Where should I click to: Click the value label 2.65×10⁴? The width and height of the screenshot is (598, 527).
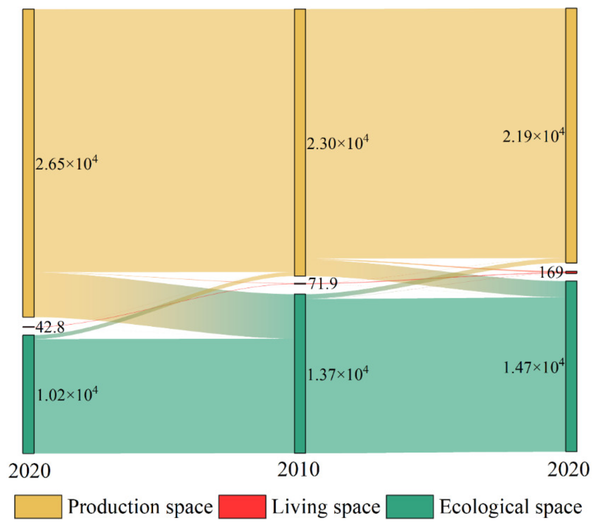tap(66, 164)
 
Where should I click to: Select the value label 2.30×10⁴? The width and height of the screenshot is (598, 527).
tap(338, 143)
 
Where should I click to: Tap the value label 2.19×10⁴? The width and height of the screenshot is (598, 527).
tap(533, 136)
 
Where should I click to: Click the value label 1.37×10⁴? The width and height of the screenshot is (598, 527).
tap(338, 374)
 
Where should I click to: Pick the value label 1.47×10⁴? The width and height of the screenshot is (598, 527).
tap(533, 367)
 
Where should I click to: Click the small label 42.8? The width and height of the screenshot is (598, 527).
tap(50, 327)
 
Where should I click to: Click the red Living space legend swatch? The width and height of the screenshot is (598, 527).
tap(242, 507)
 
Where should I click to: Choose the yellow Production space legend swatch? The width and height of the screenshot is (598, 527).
tap(38, 507)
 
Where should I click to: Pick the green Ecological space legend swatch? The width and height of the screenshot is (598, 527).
tap(410, 507)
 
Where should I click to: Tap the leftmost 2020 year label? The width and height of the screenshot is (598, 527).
tap(29, 471)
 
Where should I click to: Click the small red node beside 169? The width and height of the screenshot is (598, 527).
tap(571, 272)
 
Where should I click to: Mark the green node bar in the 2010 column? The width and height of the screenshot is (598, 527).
tap(300, 373)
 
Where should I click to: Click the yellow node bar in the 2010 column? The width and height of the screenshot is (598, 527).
tap(300, 143)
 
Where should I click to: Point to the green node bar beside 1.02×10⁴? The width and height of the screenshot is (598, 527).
tap(29, 394)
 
